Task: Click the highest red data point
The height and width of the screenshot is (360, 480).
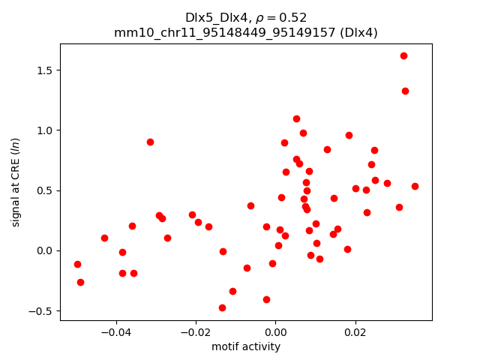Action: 403,55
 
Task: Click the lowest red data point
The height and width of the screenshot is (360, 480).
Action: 222,307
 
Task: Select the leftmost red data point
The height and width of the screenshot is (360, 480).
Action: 77,264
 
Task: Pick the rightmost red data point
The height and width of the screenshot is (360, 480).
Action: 415,186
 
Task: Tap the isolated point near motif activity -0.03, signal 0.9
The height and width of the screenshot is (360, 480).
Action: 150,142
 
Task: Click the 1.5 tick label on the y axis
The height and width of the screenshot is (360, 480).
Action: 44,70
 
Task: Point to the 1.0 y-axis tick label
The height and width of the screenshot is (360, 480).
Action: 44,130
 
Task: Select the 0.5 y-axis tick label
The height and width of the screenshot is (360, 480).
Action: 44,190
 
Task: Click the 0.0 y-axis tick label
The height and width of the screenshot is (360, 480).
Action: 44,250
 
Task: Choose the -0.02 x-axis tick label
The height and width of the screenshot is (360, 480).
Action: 196,332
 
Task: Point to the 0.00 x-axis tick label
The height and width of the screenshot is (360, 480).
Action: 275,332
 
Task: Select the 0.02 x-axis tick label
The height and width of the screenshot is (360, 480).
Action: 355,332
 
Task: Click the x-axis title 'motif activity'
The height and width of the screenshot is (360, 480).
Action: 246,346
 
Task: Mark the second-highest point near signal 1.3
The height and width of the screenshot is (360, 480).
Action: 405,91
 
